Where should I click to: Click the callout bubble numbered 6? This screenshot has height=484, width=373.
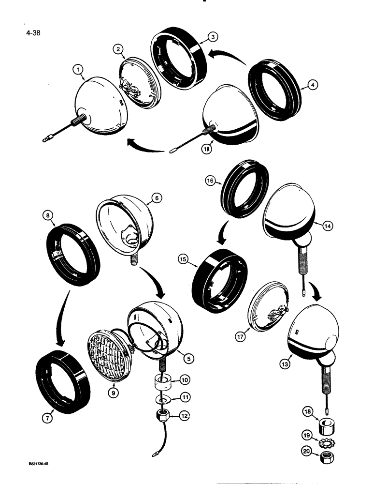[x=158, y=197]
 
